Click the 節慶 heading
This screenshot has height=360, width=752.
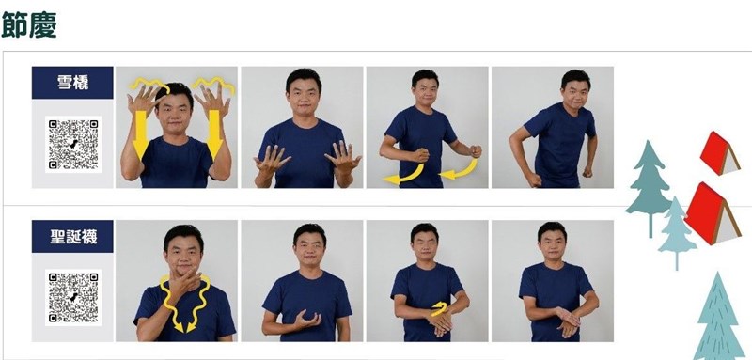point(29,25)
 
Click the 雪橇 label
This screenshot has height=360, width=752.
point(72,83)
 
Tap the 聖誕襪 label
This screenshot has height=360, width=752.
point(72,236)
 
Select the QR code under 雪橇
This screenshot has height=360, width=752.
point(73,144)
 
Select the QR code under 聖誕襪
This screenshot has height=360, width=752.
point(73,298)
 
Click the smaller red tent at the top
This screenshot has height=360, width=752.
point(719,153)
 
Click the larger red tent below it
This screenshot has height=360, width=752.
point(713,213)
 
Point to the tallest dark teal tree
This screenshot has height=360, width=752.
point(650,188)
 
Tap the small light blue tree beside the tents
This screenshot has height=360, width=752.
point(677,232)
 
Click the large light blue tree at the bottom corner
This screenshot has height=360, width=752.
point(719,318)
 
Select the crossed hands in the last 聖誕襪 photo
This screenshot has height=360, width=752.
point(568,321)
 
